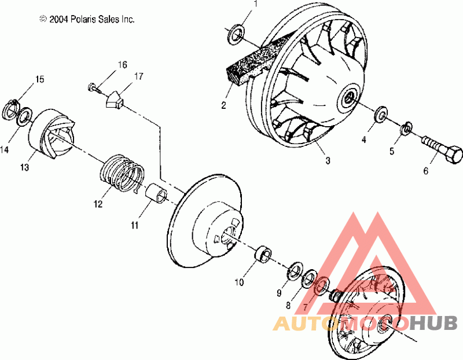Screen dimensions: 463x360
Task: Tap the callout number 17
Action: coord(138,76)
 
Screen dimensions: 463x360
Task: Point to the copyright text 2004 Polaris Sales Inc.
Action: coord(87,19)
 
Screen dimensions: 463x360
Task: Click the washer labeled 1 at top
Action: coord(236,35)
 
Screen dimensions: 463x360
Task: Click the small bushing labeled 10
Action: coord(263,254)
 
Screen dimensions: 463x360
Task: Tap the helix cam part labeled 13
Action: coord(52,134)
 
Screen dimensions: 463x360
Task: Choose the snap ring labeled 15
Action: coord(10,111)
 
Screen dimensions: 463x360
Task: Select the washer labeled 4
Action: coord(381,113)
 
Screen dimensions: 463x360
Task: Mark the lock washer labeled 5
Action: coord(406,127)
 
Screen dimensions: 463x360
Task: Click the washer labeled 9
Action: coord(295,271)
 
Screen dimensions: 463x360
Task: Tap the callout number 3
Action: coord(328,160)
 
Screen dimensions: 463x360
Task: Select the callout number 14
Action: coord(4,150)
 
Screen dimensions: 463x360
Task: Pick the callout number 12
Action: coord(98,204)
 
